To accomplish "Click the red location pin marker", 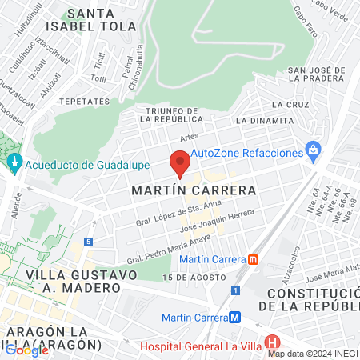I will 180,163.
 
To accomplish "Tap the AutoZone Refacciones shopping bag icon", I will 314,150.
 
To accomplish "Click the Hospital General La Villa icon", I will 275,345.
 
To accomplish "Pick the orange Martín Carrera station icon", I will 254,259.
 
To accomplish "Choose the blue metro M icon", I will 234,317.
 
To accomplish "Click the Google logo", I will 26,349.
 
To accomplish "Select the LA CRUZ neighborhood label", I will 290,105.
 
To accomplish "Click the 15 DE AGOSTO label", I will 190,277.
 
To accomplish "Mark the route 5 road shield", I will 87,241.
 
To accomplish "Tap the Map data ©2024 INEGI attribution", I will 312,353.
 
